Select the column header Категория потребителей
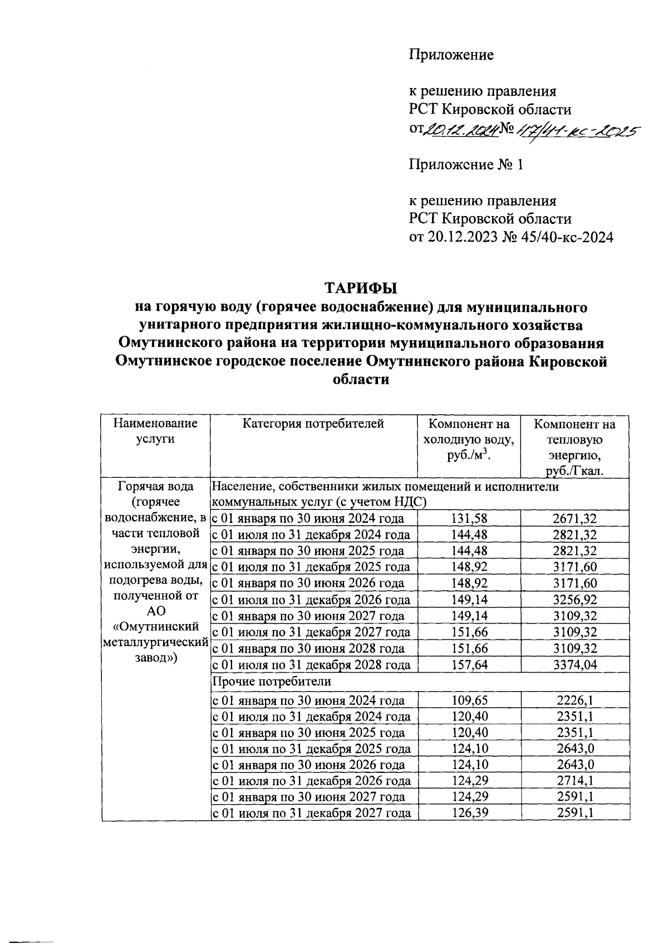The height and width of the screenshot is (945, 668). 314,424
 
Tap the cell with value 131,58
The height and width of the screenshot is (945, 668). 469,518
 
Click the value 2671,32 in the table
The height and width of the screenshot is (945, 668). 574,518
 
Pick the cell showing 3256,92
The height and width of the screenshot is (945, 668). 574,600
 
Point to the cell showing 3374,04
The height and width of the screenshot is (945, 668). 574,665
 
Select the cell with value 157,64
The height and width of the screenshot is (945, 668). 469,665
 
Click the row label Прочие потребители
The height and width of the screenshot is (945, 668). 272,681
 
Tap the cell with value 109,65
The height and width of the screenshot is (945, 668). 469,700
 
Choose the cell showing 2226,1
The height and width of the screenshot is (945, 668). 574,700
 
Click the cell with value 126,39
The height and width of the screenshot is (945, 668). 469,813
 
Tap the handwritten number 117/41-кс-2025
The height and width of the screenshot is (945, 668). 576,130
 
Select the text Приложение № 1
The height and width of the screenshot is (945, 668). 466,165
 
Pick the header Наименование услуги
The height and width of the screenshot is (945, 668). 155,431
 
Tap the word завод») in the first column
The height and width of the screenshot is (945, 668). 155,658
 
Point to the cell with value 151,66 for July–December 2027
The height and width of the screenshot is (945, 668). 469,632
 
